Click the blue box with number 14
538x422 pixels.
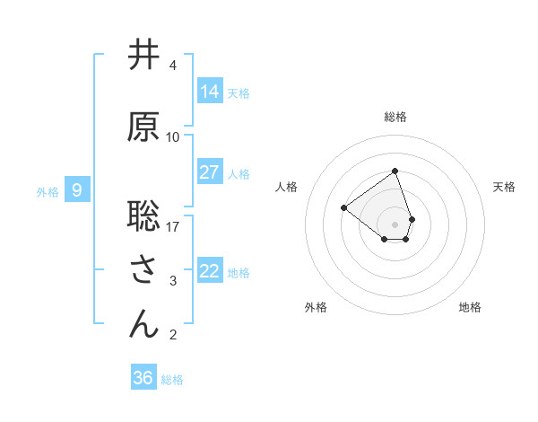tap(210, 91)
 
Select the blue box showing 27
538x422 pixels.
tap(210, 172)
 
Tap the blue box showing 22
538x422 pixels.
tap(210, 271)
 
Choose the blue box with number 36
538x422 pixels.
tap(143, 378)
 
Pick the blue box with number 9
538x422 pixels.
tap(77, 190)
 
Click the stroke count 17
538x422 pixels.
tap(173, 226)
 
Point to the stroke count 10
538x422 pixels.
tap(173, 137)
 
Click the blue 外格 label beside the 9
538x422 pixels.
tap(48, 191)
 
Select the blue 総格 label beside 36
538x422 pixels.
tap(173, 380)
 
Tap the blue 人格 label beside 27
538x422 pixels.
tap(239, 173)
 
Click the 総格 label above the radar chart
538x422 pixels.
tap(395, 117)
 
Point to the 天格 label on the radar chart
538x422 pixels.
tap(505, 187)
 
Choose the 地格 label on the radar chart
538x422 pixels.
tap(470, 307)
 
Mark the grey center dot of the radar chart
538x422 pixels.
tap(395, 223)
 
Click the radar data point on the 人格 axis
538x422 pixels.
tap(343, 207)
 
